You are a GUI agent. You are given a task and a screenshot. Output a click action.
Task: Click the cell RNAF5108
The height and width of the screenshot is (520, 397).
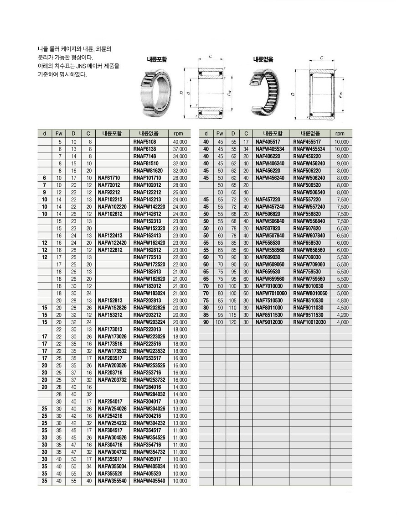[144, 142]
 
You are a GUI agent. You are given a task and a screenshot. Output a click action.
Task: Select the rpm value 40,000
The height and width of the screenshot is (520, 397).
[180, 142]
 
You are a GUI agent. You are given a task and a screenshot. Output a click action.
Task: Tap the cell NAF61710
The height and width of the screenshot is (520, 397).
[109, 178]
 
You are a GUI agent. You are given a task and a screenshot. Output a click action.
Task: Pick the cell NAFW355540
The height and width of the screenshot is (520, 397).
[112, 481]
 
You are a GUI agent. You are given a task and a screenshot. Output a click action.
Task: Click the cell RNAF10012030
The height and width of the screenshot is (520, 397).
[309, 322]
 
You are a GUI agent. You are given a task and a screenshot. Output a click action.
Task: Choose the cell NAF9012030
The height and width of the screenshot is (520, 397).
[269, 322]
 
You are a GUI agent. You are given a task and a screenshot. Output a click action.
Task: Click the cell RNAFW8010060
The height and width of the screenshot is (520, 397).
[309, 293]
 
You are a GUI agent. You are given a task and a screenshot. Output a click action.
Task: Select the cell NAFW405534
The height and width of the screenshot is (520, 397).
[270, 149]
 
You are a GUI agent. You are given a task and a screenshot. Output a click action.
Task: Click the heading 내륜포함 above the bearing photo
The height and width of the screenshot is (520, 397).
[157, 59]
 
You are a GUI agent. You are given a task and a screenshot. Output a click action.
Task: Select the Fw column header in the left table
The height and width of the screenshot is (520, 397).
[59, 134]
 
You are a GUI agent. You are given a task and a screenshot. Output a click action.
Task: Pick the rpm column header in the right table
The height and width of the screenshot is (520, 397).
[340, 134]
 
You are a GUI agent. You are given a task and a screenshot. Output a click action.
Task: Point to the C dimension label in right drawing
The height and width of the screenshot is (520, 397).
[321, 58]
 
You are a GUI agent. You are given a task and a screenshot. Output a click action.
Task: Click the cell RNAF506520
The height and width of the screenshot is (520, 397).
[306, 185]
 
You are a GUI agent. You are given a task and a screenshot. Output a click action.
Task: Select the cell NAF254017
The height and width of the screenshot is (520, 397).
[110, 401]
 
